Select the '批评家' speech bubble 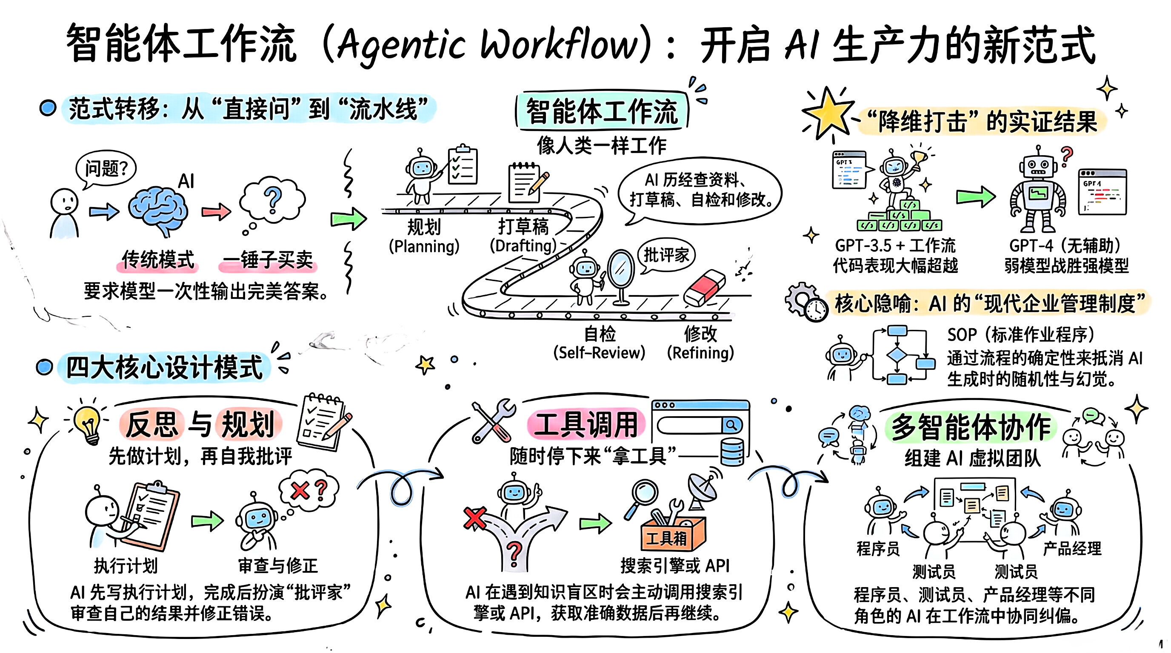tap(665, 255)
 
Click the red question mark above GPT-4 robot tap(1066, 155)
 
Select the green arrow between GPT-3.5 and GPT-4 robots tap(976, 197)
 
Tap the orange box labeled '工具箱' tap(673, 536)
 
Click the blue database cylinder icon tap(732, 452)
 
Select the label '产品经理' tap(1072, 548)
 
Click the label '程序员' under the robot tap(878, 548)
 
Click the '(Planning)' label tap(424, 246)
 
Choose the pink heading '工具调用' tap(585, 424)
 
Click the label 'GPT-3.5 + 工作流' tap(894, 246)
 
